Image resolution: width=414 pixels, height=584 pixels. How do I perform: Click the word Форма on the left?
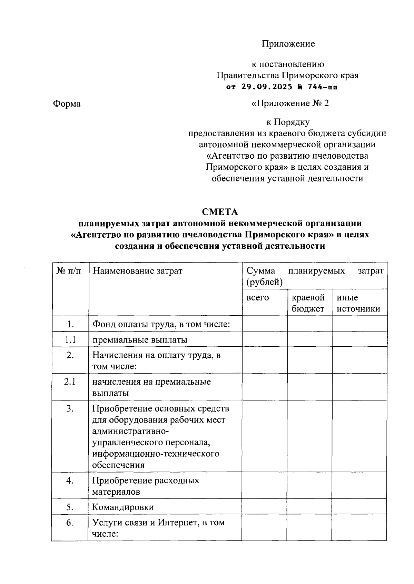pos(67,104)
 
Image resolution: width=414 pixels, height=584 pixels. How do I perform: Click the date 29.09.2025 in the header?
pos(267,87)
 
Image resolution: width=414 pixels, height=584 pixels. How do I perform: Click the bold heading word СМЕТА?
pos(220,211)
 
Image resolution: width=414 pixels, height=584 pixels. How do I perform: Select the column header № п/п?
pos(69,271)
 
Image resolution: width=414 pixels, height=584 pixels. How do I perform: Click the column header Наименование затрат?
pos(137,271)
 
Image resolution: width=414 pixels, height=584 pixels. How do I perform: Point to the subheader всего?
pos(258,297)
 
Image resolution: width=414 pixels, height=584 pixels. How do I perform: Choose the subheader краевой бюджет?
pos(308,303)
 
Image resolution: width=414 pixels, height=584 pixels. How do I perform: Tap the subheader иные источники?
pos(358,303)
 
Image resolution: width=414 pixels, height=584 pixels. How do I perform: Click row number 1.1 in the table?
pos(70,339)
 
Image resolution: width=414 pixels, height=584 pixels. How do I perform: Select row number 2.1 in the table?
pos(70,382)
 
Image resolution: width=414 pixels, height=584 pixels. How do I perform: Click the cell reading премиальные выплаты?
pos(139,340)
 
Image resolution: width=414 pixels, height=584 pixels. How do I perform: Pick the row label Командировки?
pos(123,507)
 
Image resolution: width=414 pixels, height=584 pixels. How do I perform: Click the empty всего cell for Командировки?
pos(264,507)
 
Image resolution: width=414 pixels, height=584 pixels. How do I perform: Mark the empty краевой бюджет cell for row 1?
pos(310,324)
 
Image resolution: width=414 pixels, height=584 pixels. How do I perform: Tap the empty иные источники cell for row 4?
pos(359,485)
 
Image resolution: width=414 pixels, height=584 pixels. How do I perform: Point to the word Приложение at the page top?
pos(288,44)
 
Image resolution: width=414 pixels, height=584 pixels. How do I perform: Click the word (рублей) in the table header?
pos(265,282)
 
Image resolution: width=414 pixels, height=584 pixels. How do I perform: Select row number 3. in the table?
pos(70,409)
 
